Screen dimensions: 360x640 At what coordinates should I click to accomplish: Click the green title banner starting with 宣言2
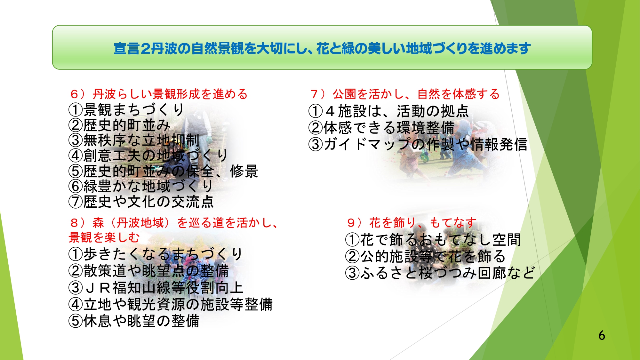coord(322,48)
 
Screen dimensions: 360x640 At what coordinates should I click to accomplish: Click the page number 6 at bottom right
coord(602,335)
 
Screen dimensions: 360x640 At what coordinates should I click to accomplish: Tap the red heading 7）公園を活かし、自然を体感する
coord(405,94)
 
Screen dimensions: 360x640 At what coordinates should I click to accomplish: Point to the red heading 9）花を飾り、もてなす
coord(412,222)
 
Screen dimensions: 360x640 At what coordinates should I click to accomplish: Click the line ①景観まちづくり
coord(126,110)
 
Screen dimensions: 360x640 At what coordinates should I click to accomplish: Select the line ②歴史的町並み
coord(119,125)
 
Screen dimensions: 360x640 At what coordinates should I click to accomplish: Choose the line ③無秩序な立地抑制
coord(134,140)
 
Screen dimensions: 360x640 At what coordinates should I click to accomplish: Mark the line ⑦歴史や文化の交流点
coord(141,202)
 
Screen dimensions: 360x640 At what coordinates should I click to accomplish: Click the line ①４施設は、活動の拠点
coord(388,111)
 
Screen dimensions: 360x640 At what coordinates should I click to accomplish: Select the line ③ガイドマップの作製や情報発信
coord(418,144)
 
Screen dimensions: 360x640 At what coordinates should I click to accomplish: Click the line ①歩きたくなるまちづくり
coord(156,254)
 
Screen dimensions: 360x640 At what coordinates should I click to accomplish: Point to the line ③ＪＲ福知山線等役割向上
coord(156,288)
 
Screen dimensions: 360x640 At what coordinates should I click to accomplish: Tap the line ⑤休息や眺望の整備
coord(134,321)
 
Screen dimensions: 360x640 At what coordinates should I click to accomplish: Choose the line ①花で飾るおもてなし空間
coord(433,239)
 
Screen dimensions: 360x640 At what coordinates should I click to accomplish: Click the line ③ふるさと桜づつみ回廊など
coord(440,273)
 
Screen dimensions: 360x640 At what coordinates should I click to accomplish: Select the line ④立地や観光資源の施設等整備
coord(171,304)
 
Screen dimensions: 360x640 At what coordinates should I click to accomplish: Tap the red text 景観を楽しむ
coord(104,237)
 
